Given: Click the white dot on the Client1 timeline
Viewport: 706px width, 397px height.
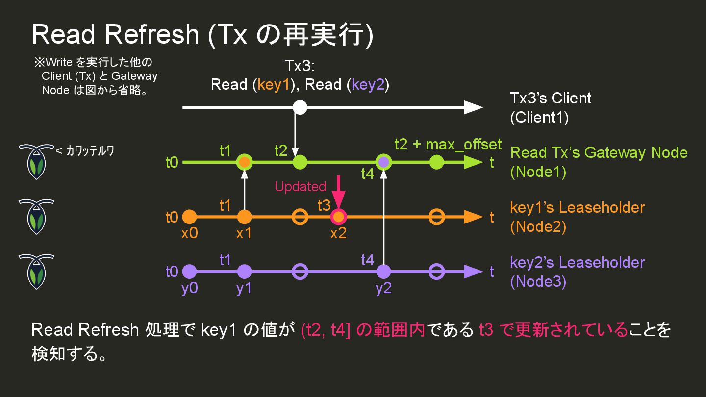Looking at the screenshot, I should (x=300, y=107).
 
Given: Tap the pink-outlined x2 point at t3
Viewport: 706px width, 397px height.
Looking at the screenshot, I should (x=338, y=217).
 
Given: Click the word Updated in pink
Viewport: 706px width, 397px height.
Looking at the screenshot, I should (x=300, y=187).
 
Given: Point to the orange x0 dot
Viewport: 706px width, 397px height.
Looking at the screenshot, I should (x=189, y=217).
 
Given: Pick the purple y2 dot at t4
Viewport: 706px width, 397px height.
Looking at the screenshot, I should (x=383, y=271).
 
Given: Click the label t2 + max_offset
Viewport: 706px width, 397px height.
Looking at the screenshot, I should (x=448, y=144).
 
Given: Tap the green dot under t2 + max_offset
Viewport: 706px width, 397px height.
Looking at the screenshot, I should (x=436, y=162).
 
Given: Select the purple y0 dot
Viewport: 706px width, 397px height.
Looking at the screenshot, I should (x=189, y=271).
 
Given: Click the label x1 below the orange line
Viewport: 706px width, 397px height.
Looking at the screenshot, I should (x=244, y=234).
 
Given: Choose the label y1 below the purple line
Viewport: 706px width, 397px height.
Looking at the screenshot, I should (x=244, y=289).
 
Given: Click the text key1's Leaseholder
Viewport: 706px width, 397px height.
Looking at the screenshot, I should (x=577, y=207).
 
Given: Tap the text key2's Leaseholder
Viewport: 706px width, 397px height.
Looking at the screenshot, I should (x=577, y=262).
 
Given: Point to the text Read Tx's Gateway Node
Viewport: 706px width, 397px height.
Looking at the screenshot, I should (x=599, y=152).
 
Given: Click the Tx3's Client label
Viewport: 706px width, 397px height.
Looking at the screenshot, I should (x=551, y=98).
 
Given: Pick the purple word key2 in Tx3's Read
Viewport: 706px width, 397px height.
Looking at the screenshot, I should (x=368, y=85).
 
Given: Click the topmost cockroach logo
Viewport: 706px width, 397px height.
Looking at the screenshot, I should (x=36, y=161).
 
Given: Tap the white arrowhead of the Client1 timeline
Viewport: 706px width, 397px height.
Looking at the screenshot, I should (x=473, y=107).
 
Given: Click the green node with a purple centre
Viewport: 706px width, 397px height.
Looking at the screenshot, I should (x=383, y=162).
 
